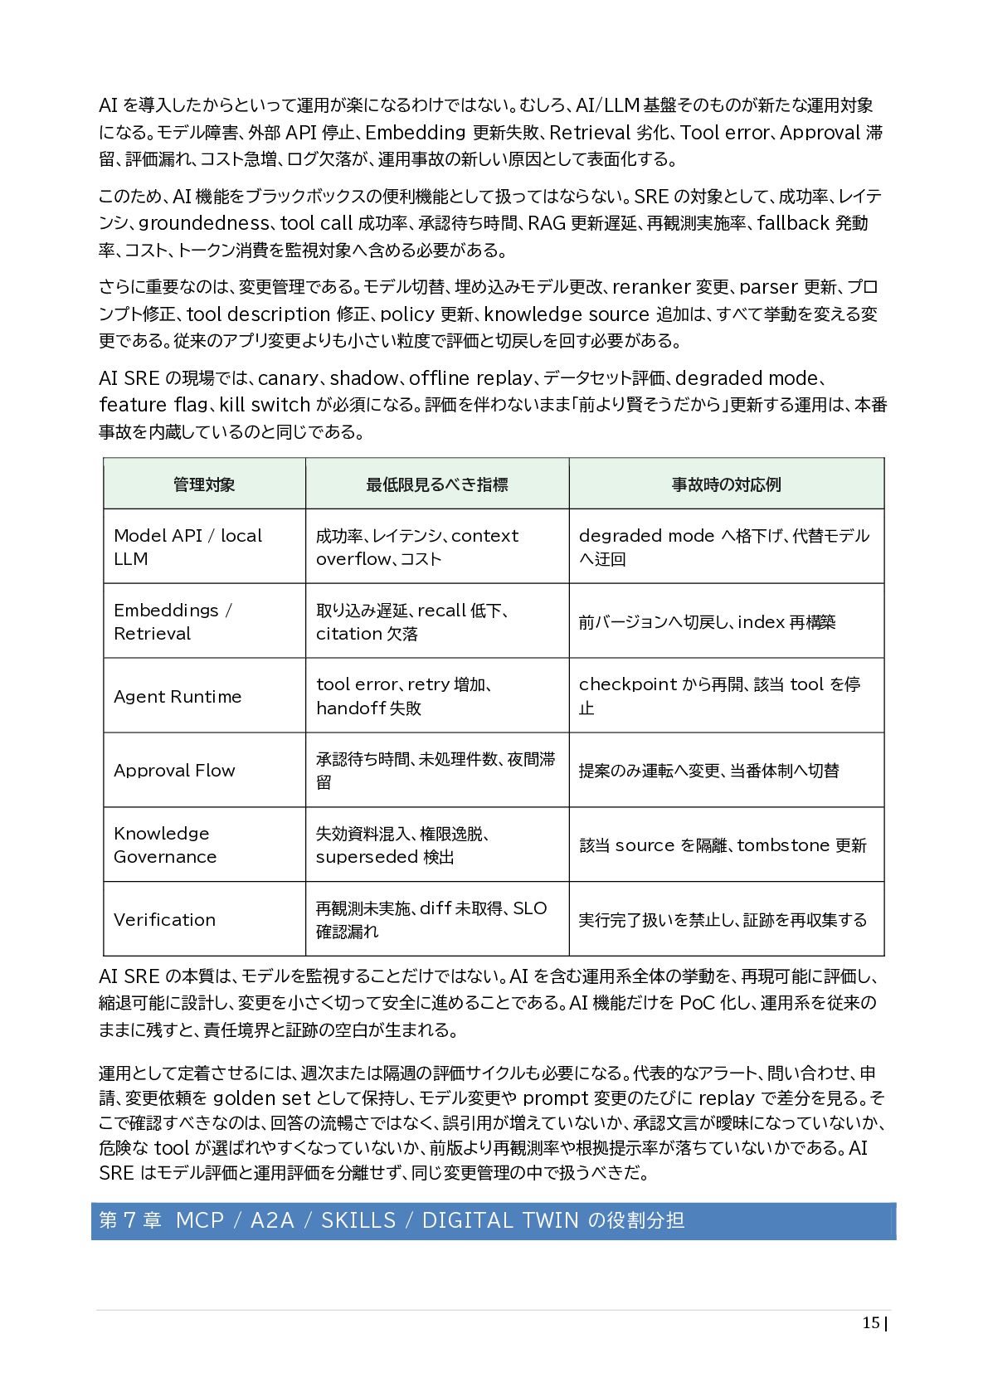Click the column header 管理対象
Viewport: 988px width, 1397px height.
tap(204, 484)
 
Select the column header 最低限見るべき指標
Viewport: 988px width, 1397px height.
tap(437, 484)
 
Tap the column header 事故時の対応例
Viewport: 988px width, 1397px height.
tap(726, 484)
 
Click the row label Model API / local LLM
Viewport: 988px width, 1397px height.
tap(187, 547)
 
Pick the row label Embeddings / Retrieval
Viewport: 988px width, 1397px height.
tap(173, 621)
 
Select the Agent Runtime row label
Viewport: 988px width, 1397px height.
tap(178, 697)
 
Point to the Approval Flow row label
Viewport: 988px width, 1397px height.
tap(174, 771)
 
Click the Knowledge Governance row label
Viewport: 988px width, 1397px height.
tap(165, 845)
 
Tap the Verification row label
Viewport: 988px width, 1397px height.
tap(164, 919)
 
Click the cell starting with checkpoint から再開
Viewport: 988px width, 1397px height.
tap(719, 696)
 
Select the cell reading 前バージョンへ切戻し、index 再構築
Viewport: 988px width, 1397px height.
tap(707, 622)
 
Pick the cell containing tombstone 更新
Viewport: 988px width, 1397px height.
tap(723, 845)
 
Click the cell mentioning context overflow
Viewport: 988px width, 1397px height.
tap(417, 547)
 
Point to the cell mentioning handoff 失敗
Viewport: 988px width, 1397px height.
tap(404, 696)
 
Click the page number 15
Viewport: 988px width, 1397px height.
tap(870, 1322)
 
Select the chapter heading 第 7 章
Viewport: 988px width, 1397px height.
tap(130, 1220)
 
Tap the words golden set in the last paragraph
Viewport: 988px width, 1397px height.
tap(262, 1098)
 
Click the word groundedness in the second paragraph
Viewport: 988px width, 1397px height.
tap(203, 223)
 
